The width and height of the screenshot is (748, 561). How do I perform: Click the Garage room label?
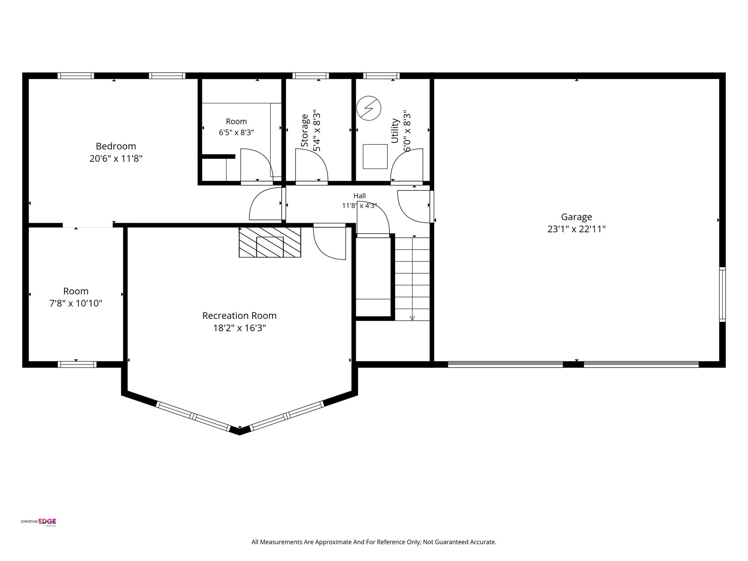click(x=576, y=217)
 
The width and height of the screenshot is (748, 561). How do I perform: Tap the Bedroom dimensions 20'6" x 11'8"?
click(x=116, y=158)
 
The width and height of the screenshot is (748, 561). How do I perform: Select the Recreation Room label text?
click(x=239, y=316)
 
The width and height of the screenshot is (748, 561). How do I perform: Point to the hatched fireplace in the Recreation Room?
click(x=270, y=242)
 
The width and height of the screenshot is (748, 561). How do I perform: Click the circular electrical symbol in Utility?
click(x=369, y=108)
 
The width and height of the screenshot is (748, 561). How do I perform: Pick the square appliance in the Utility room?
click(x=375, y=157)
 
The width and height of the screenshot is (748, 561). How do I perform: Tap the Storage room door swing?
click(x=311, y=165)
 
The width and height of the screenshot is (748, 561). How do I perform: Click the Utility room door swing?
click(x=407, y=165)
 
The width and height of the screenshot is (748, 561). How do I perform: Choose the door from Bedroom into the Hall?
click(x=266, y=204)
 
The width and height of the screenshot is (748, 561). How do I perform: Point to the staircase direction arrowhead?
click(x=412, y=318)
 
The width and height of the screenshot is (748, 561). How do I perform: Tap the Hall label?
click(x=359, y=196)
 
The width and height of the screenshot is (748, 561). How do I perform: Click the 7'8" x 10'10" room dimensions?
click(x=76, y=303)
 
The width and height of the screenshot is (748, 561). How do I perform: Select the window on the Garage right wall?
click(x=723, y=294)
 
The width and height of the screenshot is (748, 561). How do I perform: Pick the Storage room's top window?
click(x=310, y=76)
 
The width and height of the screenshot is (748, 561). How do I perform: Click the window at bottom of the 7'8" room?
click(x=77, y=364)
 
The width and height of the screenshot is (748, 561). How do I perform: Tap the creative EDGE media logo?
click(x=39, y=522)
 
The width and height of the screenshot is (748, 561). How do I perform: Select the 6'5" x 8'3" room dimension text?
click(x=236, y=133)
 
